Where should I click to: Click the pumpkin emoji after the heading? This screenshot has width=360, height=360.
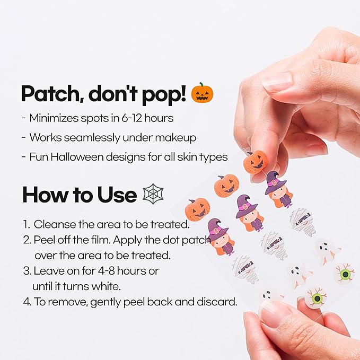202,93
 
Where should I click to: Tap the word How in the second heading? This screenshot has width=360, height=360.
43,195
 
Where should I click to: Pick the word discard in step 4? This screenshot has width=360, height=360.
218,303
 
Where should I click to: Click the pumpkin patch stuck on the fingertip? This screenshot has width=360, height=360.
255,162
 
